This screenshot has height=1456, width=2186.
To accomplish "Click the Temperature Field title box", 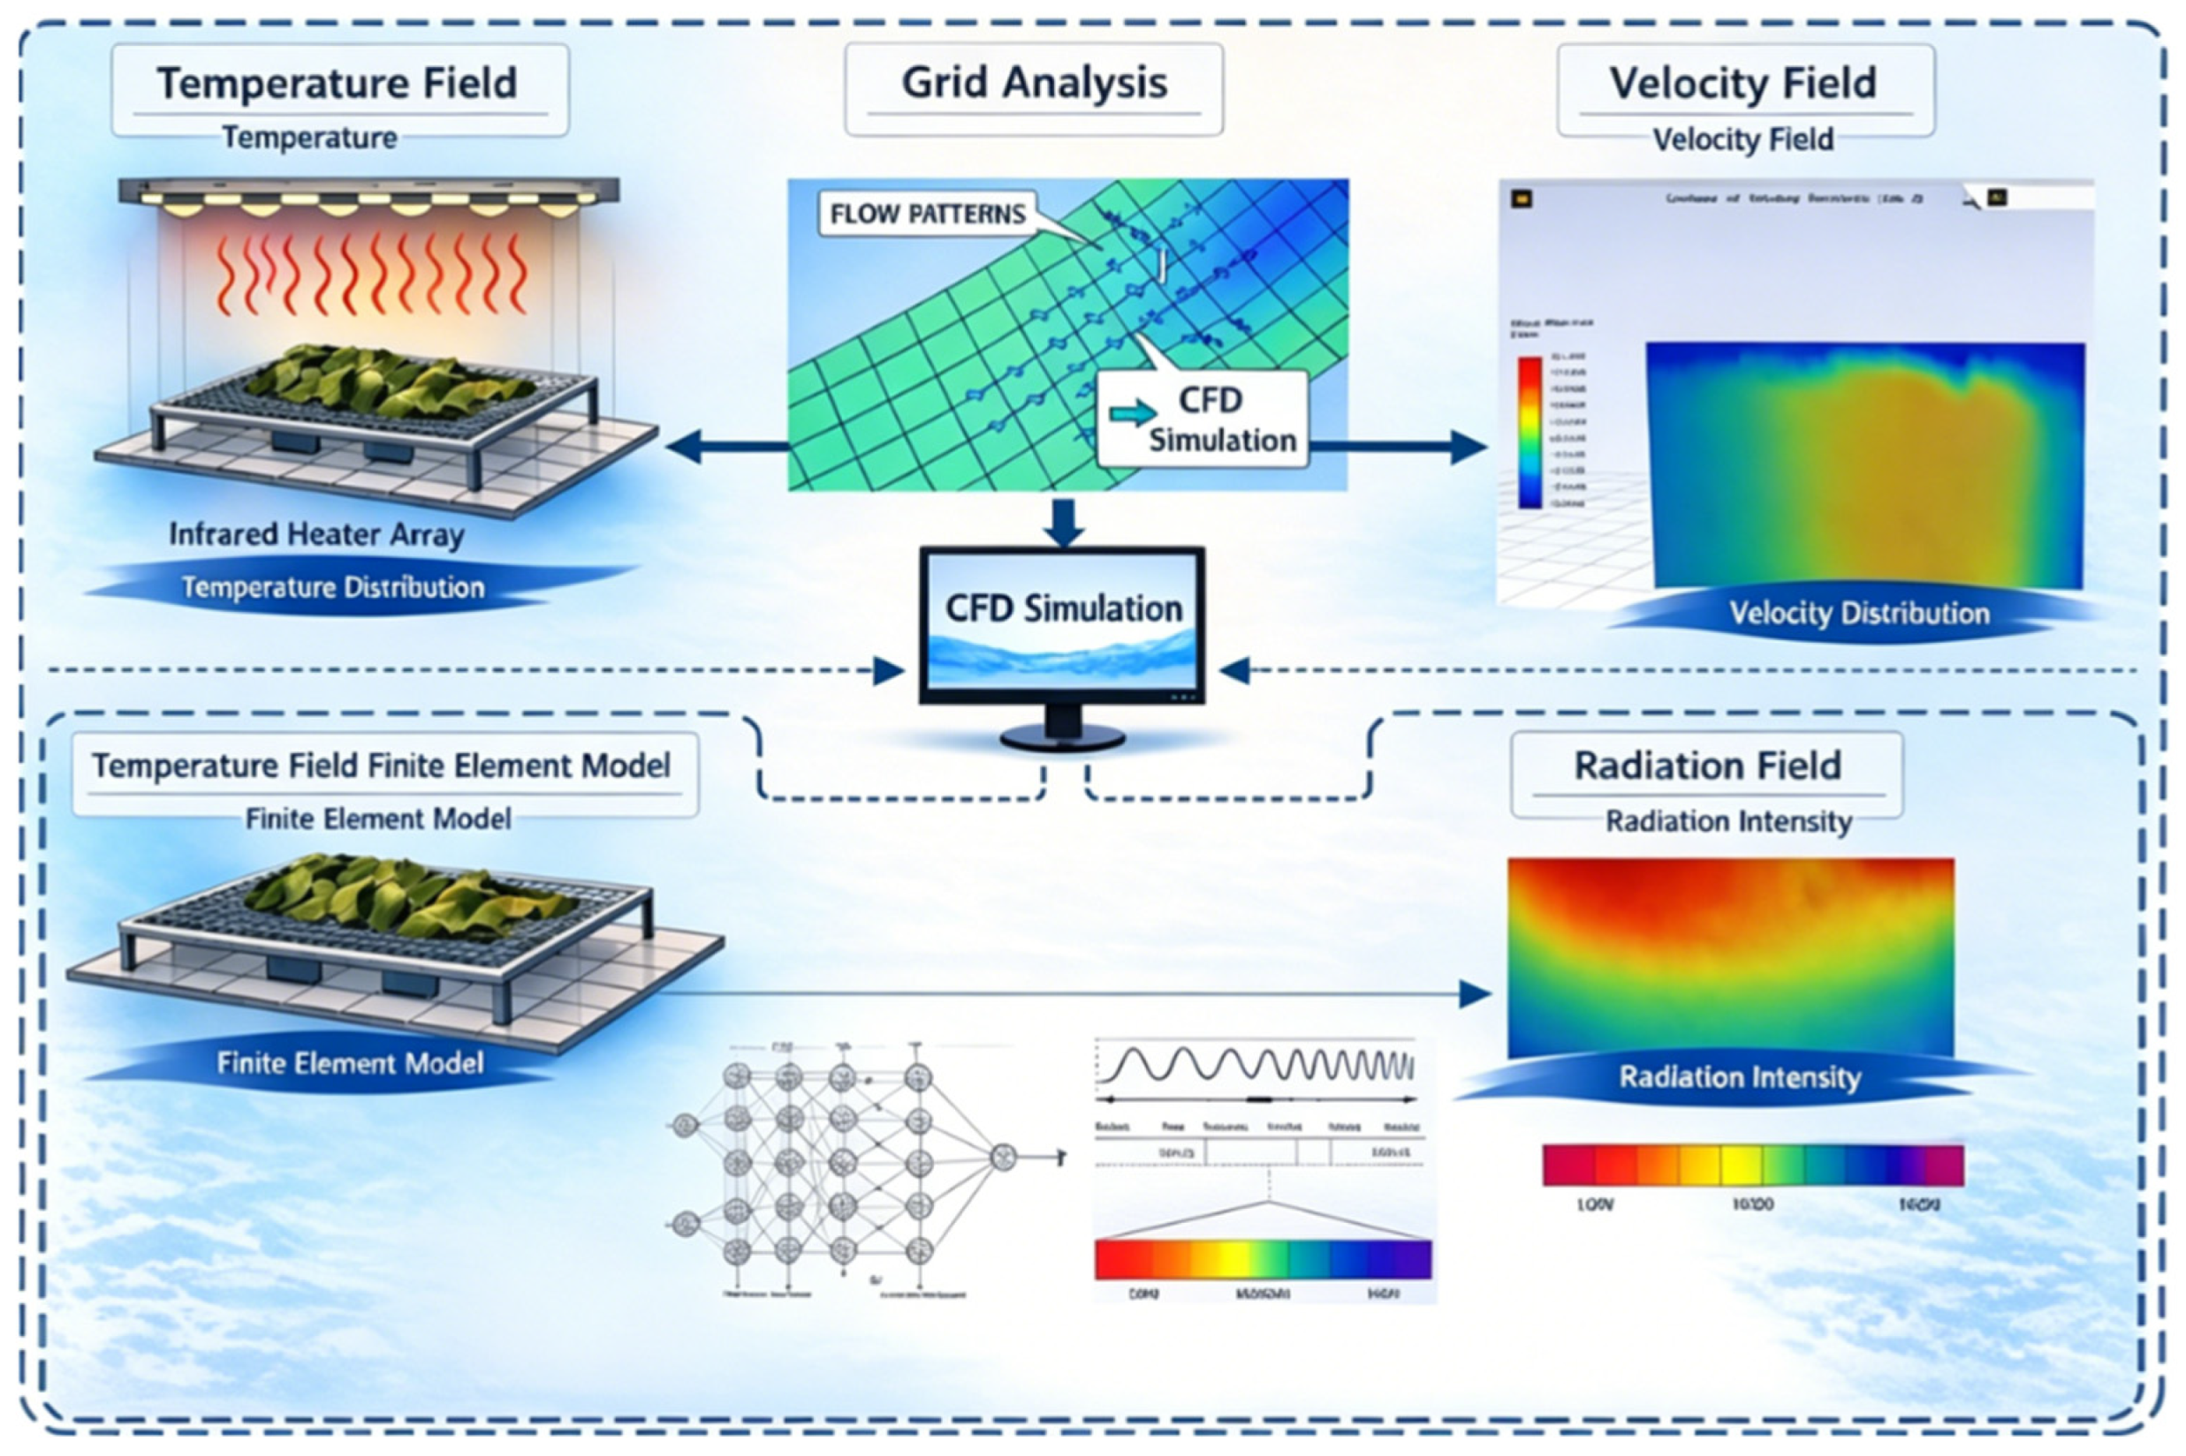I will point(339,89).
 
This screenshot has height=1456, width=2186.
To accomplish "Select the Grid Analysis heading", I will point(1033,89).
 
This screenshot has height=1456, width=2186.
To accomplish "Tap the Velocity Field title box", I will point(1744,89).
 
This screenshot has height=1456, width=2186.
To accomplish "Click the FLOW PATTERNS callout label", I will point(927,215).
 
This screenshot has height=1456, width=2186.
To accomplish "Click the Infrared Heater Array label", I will point(315,535).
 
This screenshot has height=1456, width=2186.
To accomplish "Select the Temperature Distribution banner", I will point(332,588).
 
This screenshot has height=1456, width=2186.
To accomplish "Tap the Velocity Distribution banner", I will point(1858,614).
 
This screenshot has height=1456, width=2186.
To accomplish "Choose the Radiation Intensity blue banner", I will point(1739,1078).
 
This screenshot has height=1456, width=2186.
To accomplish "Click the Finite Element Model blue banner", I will point(349,1063).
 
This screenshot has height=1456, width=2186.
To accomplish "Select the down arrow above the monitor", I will point(1064,523).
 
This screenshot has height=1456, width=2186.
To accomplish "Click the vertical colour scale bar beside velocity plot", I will point(1529,433).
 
